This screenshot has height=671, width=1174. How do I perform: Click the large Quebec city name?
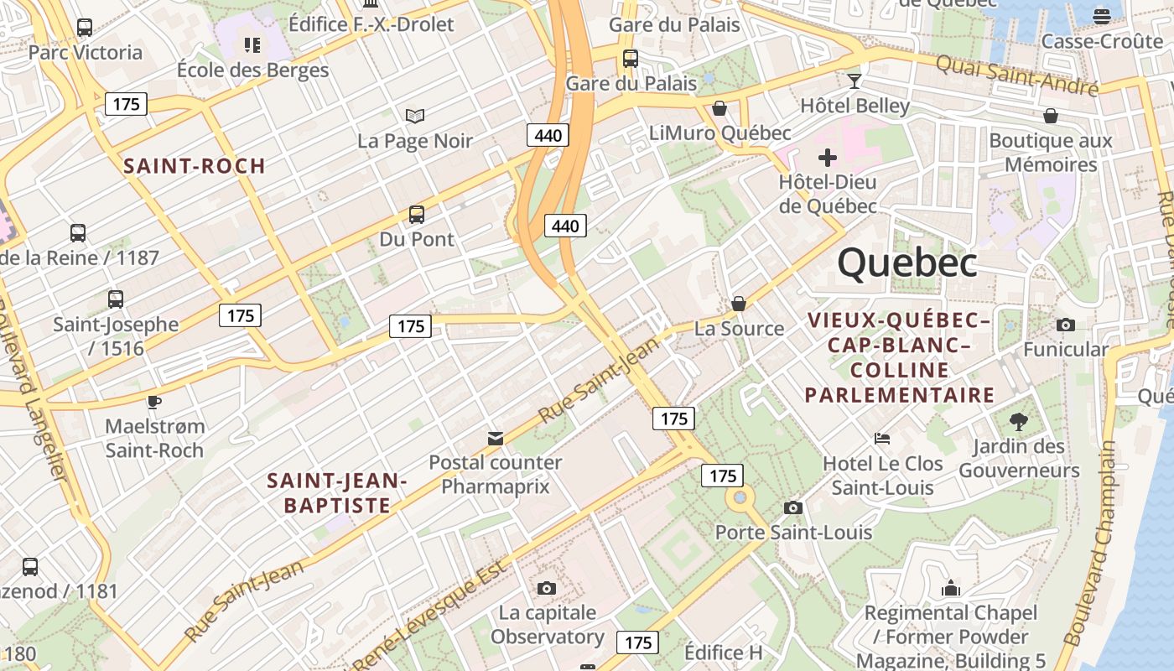(x=907, y=263)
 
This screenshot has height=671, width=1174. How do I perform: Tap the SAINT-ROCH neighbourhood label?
(x=195, y=166)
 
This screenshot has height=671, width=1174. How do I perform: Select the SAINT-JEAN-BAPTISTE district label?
(x=337, y=493)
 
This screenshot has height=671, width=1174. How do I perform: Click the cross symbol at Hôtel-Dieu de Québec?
(x=828, y=158)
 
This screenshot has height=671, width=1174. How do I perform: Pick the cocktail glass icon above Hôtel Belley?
(x=855, y=81)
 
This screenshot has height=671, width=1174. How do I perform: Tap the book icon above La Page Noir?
(x=415, y=116)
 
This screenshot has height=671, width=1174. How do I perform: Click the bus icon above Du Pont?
(x=417, y=215)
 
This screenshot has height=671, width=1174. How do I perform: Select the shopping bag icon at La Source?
(x=739, y=304)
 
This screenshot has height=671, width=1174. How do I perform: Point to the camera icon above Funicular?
(x=1066, y=325)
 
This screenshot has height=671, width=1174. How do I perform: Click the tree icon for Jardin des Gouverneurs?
(x=1019, y=421)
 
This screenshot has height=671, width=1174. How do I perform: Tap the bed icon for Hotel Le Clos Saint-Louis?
(x=882, y=438)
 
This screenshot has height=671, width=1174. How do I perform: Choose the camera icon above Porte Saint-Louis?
(x=793, y=507)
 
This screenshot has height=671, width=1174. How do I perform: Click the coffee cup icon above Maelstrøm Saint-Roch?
(x=154, y=401)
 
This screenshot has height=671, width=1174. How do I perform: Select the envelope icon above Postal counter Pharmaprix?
(x=496, y=438)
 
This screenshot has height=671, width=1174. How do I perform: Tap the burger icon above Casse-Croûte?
(x=1102, y=15)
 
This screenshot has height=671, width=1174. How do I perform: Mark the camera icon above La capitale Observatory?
(x=547, y=588)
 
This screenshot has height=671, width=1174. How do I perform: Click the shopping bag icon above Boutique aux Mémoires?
(x=1051, y=116)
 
